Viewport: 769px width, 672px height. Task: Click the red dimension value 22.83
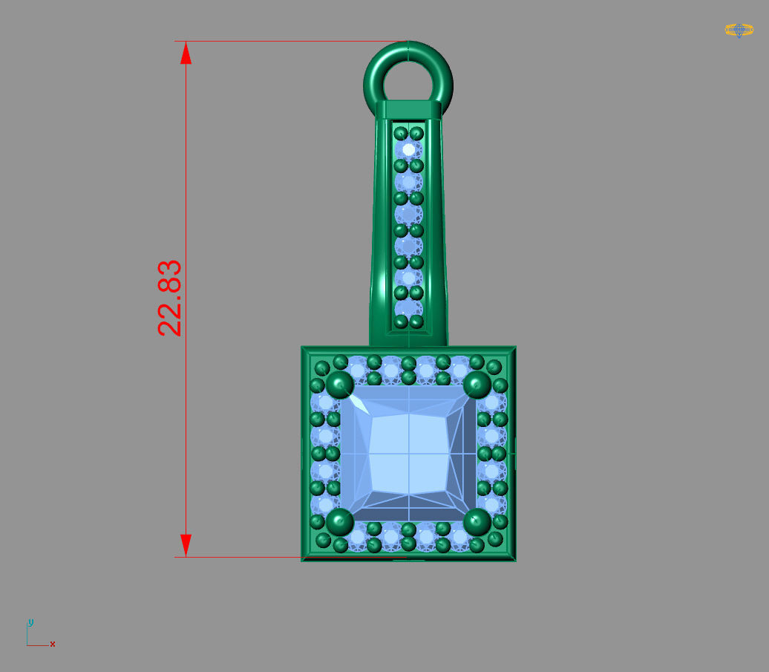pyautogui.click(x=170, y=298)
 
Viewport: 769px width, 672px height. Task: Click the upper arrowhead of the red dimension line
pyautogui.click(x=186, y=53)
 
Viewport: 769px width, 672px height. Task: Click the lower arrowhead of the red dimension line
pyautogui.click(x=186, y=544)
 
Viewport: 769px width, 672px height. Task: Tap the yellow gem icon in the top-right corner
pyautogui.click(x=739, y=30)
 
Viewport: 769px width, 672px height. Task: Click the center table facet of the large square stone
pyautogui.click(x=408, y=453)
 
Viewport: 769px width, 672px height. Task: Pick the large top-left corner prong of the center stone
pyautogui.click(x=340, y=385)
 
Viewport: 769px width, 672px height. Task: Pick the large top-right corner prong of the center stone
pyautogui.click(x=477, y=385)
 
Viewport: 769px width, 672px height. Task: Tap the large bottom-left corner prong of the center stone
pyautogui.click(x=340, y=521)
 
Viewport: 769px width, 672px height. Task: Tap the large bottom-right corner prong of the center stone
pyautogui.click(x=477, y=521)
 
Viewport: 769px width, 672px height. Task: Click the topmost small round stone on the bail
pyautogui.click(x=408, y=149)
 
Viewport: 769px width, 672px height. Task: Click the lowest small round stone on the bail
pyautogui.click(x=408, y=307)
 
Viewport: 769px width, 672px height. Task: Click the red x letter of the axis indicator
pyautogui.click(x=53, y=644)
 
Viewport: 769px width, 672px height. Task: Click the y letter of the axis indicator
pyautogui.click(x=30, y=622)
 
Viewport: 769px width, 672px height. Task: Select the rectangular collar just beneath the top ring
pyautogui.click(x=408, y=109)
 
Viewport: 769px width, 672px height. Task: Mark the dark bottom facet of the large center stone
pyautogui.click(x=408, y=513)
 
